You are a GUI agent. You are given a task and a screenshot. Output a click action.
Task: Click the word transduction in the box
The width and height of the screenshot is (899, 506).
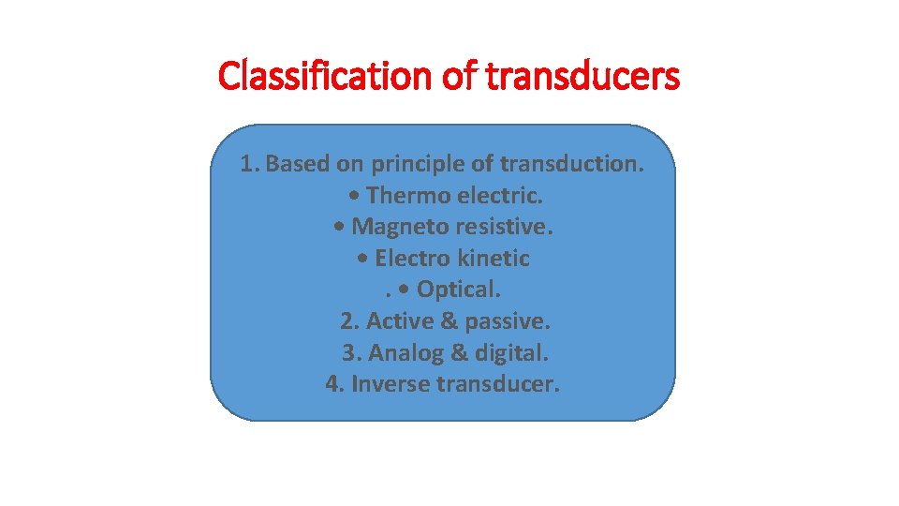point(571,164)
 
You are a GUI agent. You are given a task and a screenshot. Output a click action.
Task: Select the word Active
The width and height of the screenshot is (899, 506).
point(399,321)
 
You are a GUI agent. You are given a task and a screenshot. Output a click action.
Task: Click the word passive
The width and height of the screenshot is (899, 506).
point(507,321)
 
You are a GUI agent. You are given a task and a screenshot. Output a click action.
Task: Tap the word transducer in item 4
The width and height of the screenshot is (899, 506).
point(497,384)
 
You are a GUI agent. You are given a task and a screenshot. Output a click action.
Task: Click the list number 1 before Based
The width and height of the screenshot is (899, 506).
point(246,164)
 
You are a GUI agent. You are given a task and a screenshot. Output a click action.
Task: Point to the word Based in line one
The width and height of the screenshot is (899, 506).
point(299,164)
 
